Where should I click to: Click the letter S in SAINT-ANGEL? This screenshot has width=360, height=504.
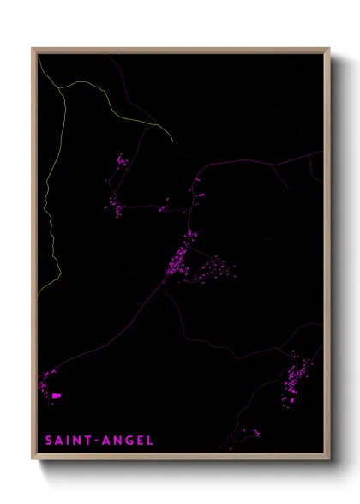click(49, 441)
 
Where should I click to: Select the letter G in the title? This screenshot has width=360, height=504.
click(128, 441)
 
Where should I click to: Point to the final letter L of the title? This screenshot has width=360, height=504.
click(150, 441)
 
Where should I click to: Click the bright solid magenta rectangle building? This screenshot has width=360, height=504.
click(57, 395)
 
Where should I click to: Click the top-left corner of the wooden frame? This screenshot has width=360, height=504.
click(33, 49)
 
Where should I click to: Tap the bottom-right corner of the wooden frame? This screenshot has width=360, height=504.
click(328, 460)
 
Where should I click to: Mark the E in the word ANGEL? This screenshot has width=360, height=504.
click(140, 441)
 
